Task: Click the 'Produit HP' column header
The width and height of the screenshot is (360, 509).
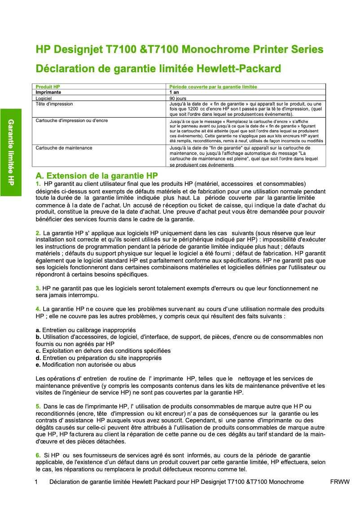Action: click(x=48, y=86)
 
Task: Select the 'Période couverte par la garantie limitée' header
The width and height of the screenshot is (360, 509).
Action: click(x=213, y=86)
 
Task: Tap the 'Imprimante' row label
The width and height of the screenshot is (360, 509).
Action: click(x=48, y=92)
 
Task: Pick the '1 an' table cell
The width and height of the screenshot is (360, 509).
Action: click(x=174, y=92)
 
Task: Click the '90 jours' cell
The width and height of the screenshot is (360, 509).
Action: click(x=178, y=98)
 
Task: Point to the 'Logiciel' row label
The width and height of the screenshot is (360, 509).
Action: click(x=44, y=98)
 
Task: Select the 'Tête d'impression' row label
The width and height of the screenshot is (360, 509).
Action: click(x=54, y=104)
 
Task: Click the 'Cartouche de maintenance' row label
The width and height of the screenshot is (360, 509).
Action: click(x=64, y=148)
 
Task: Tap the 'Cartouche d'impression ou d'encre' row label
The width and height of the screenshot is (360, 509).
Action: click(x=72, y=121)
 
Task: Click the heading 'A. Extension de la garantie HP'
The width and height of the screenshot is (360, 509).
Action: click(x=97, y=176)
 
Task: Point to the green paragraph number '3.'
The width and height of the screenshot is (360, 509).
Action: click(x=38, y=288)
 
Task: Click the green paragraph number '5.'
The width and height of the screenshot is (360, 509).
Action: click(x=38, y=406)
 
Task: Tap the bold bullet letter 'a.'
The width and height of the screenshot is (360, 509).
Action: click(x=38, y=330)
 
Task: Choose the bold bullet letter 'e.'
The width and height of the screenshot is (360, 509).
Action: click(x=38, y=364)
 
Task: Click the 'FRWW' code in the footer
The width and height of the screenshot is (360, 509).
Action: click(x=339, y=482)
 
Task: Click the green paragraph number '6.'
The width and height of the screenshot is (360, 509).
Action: click(x=38, y=455)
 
